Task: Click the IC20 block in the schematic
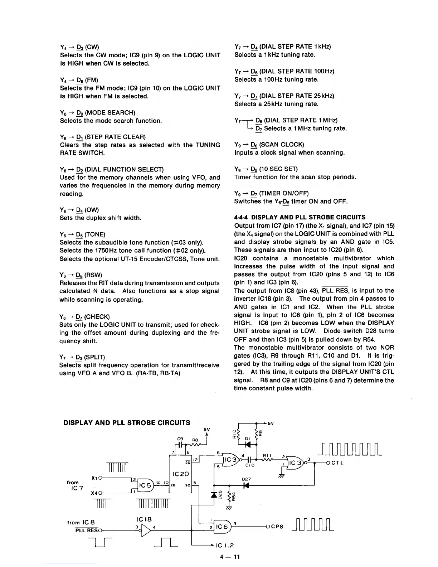click(180, 474)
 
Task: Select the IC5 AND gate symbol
click(144, 485)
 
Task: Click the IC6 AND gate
click(222, 527)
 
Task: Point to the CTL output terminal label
click(337, 463)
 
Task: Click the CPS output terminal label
click(277, 527)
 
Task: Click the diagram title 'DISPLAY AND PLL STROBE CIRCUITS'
click(127, 423)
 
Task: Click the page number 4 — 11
click(230, 557)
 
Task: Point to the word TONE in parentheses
click(95, 234)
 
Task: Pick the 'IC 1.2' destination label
click(225, 546)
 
